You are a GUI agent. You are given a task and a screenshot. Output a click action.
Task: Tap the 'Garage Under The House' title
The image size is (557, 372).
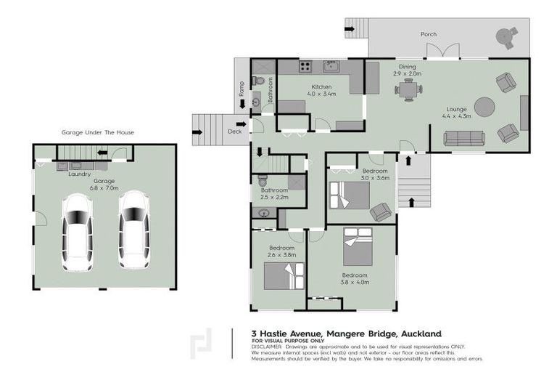pyautogui.click(x=97, y=133)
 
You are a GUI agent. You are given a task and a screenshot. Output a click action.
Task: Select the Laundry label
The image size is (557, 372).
pyautogui.click(x=79, y=174)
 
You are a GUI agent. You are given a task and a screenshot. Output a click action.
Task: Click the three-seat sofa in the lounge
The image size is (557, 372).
pyautogui.click(x=464, y=138)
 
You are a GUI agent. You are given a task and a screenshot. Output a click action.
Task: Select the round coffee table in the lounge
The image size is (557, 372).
pyautogui.click(x=484, y=108)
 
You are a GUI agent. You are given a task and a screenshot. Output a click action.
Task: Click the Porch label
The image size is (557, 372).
pyautogui.click(x=429, y=34)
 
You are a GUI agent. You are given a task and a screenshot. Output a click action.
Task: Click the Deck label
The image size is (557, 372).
pyautogui.click(x=234, y=132)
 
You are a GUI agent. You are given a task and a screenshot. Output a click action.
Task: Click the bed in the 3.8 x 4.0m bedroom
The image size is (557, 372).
pyautogui.click(x=358, y=247)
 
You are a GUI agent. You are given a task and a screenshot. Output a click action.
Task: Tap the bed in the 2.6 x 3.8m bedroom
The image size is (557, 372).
pyautogui.click(x=283, y=276)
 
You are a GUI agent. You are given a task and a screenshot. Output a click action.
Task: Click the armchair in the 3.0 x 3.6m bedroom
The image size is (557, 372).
pyautogui.click(x=379, y=211)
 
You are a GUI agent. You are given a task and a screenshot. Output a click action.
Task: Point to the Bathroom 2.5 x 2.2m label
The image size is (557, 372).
pyautogui.click(x=275, y=193)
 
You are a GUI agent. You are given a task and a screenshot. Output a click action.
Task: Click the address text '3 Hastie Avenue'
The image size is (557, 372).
pyautogui.click(x=288, y=333)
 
